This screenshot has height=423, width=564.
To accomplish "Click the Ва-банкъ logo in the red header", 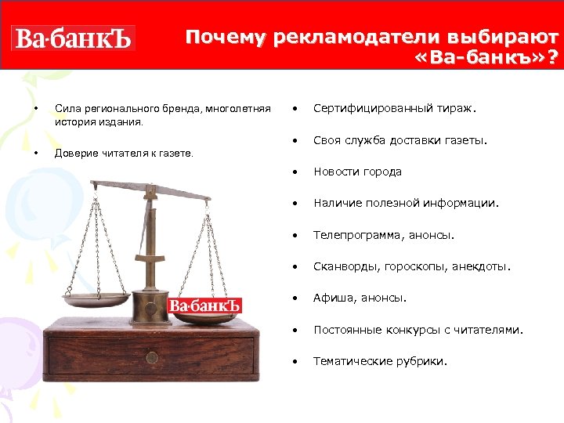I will point(73,38).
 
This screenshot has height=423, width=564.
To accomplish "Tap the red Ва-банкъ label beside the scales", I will point(205,305).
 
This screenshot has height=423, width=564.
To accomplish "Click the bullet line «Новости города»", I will point(357,172).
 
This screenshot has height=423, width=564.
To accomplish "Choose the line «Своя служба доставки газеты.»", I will point(400,141).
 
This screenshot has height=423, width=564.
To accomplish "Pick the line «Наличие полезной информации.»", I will point(406,204).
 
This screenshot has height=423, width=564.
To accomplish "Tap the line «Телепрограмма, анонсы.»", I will point(384,235).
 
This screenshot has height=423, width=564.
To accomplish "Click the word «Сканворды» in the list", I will point(346,266).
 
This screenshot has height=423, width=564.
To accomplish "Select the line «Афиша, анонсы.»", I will point(360,298).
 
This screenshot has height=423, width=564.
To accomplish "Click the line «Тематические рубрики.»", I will point(381,361).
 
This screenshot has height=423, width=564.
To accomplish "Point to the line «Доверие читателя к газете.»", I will point(124,154).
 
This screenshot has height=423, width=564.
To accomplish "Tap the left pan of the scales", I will point(96,298).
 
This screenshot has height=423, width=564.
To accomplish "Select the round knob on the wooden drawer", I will point(152,358).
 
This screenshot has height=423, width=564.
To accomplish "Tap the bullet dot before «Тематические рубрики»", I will point(295,361).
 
